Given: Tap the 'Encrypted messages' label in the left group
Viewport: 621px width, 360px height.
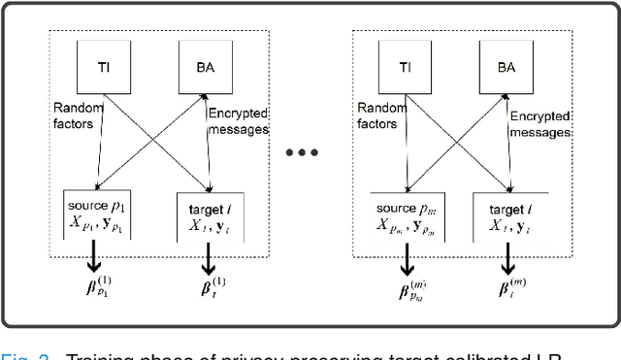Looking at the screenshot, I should (x=239, y=121).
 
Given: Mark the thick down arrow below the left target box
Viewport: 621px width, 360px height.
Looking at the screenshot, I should (x=207, y=256).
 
